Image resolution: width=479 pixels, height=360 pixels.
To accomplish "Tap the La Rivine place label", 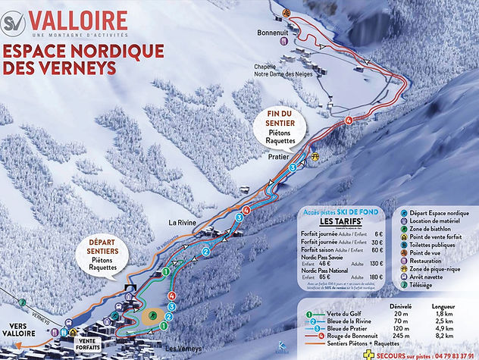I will (x=183, y=222).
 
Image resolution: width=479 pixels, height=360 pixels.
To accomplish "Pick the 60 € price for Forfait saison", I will (x=377, y=249).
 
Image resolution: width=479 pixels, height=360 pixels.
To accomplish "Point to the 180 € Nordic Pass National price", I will (x=375, y=278).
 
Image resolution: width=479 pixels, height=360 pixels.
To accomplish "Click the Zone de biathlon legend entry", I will (x=434, y=226).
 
